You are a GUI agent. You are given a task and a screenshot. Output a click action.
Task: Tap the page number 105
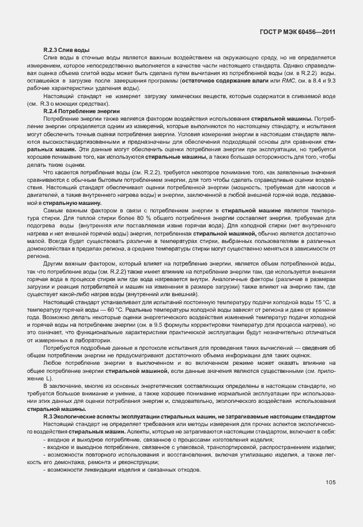[330, 482]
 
